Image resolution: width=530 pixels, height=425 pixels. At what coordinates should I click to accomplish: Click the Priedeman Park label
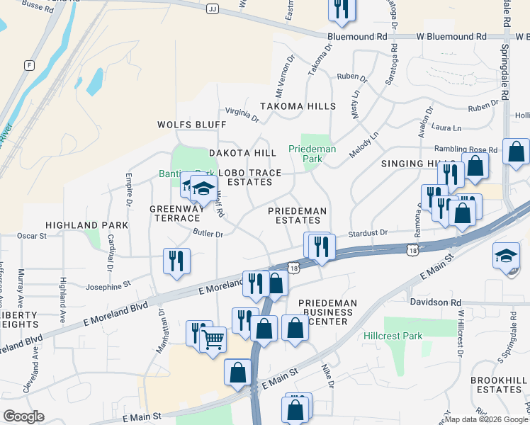pyautogui.click(x=306, y=154)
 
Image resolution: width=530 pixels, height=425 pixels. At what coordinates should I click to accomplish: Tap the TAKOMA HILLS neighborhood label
pyautogui.click(x=297, y=106)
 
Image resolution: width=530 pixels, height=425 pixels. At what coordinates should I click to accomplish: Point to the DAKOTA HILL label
pyautogui.click(x=242, y=153)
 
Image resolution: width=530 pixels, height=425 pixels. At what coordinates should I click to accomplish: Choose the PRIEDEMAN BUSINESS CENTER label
pyautogui.click(x=327, y=312)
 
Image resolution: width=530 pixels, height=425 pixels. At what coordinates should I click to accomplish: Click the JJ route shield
pyautogui.click(x=213, y=9)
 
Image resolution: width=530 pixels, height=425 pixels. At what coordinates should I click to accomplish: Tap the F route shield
pyautogui.click(x=29, y=65)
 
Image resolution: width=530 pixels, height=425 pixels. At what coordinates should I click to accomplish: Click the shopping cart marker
pyautogui.click(x=213, y=339)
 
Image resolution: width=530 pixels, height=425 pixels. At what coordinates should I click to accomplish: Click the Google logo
pyautogui.click(x=23, y=416)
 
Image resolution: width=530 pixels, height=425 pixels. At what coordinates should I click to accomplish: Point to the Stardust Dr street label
pyautogui.click(x=368, y=232)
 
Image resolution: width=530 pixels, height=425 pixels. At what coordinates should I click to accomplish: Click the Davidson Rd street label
pyautogui.click(x=434, y=302)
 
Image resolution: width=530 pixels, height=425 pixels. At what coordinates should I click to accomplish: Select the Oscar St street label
pyautogui.click(x=31, y=235)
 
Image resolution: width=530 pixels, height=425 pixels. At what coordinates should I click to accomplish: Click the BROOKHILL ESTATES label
pyautogui.click(x=499, y=385)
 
